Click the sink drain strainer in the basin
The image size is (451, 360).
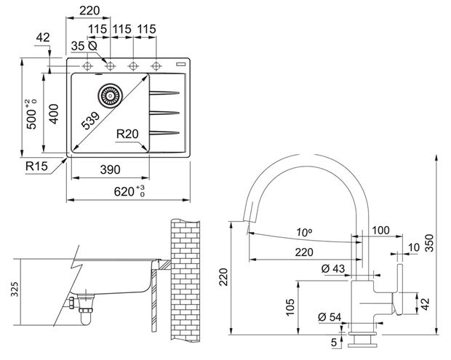coord(110,95)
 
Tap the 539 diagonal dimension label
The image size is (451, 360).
coord(90,120)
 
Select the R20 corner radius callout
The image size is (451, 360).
coord(127,134)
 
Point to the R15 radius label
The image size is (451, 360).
coord(36,166)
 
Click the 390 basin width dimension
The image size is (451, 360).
coord(110,169)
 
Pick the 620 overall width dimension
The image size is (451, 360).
coord(129,191)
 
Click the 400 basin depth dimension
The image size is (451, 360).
coord(54,114)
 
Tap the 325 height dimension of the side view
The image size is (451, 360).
coord(14,289)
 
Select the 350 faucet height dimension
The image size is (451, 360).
coord(429,243)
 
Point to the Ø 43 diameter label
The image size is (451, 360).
coord(332,269)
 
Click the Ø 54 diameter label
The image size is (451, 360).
coord(330,317)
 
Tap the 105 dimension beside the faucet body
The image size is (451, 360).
coord(290,307)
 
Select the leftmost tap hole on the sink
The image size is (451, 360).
coord(87,66)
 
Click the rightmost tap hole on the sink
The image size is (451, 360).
coord(156,66)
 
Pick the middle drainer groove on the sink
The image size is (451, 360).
coord(164,113)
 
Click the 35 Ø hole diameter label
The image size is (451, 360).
coord(84,46)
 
